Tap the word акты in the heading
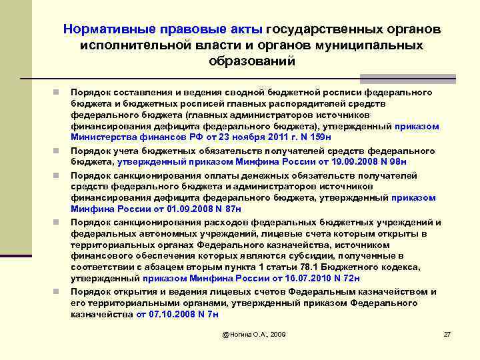pyautogui.click(x=246, y=29)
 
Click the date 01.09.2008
pyautogui.click(x=155, y=208)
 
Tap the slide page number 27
pyautogui.click(x=447, y=333)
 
